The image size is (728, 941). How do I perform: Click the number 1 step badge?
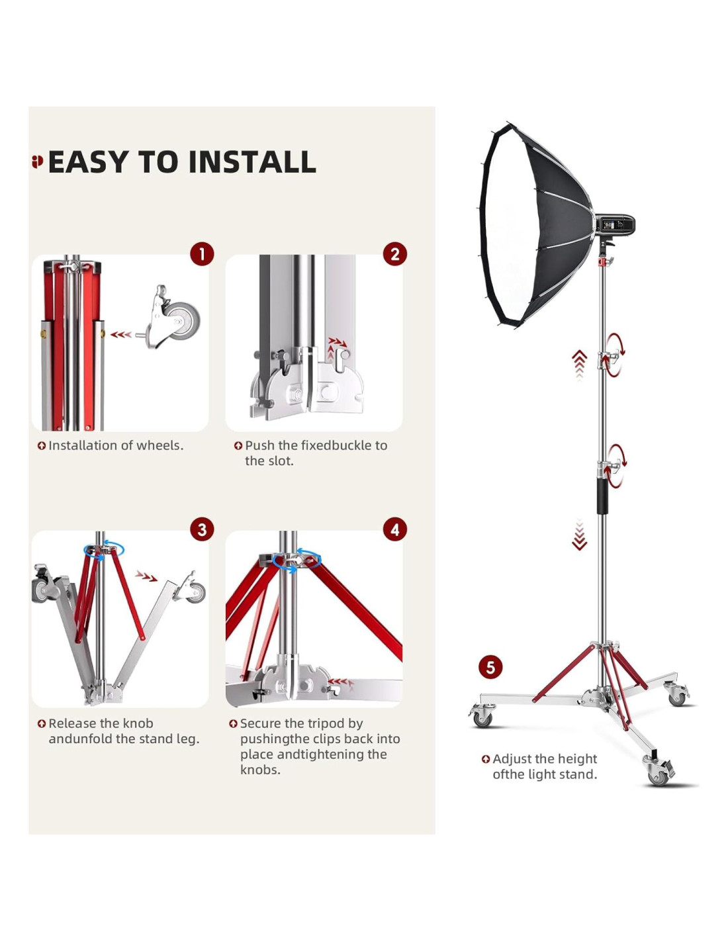point(203,253)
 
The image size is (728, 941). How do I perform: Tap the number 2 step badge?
point(395,253)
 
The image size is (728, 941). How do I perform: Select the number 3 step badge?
point(203,529)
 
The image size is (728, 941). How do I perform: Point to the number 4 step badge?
point(395,529)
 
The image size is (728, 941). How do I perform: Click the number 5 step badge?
point(490,667)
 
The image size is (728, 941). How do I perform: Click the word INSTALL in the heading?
point(252,162)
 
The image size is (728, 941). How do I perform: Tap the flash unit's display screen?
point(608,225)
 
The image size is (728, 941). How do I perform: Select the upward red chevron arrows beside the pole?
point(580,364)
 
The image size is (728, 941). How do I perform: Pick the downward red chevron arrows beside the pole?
point(580,536)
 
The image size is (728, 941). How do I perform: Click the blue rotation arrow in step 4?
point(296,561)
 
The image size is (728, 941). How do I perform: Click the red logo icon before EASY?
point(38,161)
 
